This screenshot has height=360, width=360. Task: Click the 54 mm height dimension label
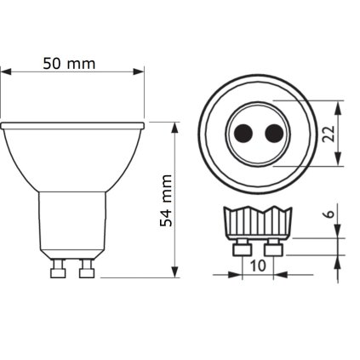coord(167,201)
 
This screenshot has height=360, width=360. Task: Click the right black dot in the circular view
coord(271,133)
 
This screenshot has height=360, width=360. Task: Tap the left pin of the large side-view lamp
coord(59,267)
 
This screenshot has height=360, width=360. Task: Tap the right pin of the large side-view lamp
coord(85,267)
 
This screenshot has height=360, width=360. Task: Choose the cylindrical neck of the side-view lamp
coord(72,221)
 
